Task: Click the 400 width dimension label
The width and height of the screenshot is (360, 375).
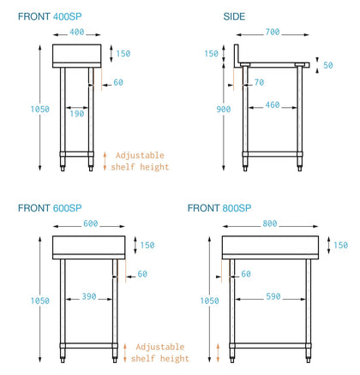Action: (77, 32)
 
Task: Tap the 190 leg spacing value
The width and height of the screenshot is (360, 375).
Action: (77, 114)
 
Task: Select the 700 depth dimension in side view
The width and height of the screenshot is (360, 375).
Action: (273, 32)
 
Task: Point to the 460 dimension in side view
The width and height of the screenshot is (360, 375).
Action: (273, 104)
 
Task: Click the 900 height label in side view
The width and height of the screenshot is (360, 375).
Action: (224, 109)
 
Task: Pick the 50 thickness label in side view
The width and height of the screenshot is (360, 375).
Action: (328, 65)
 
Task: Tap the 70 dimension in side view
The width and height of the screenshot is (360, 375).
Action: (259, 82)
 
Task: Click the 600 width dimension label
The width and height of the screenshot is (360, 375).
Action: (91, 223)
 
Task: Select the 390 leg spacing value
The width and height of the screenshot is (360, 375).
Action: (89, 296)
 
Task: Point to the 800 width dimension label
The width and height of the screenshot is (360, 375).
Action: (270, 223)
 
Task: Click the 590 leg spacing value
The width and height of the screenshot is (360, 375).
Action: (273, 296)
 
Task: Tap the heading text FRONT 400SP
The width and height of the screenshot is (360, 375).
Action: (50, 16)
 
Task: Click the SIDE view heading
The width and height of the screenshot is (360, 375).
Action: (234, 16)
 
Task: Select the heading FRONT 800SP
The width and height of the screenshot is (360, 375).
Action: (219, 208)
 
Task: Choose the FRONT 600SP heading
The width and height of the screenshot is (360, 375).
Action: (50, 208)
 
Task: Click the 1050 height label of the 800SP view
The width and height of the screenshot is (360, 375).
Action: (209, 301)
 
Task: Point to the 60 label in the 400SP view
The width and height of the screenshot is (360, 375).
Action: (118, 82)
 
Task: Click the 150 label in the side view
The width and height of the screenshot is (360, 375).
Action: (211, 53)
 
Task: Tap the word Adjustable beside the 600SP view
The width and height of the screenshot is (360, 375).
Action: (160, 347)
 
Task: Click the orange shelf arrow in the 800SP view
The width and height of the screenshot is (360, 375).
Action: (218, 353)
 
